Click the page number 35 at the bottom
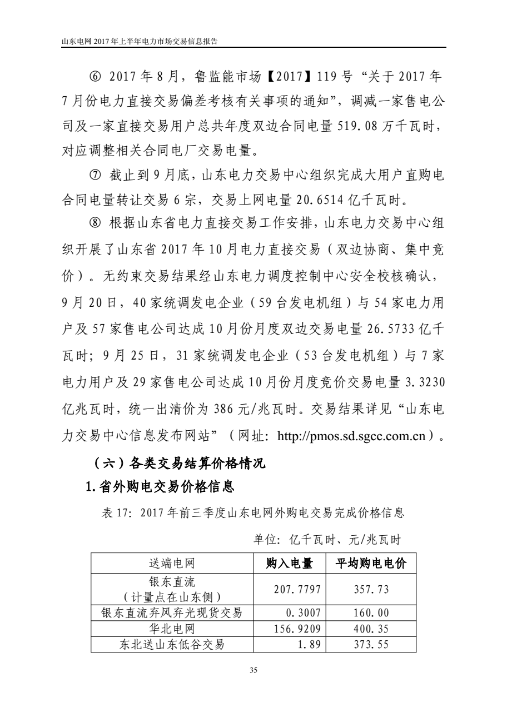click(254, 670)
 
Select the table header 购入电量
click(289, 565)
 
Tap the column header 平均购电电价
click(371, 565)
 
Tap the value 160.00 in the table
click(371, 614)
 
